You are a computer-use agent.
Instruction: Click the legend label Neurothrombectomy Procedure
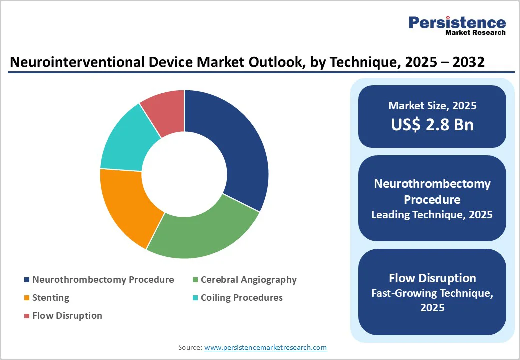tap(103, 280)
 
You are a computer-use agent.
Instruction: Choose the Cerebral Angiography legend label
tap(248, 280)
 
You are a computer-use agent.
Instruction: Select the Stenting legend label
tap(50, 298)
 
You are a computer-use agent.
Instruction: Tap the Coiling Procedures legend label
tap(241, 298)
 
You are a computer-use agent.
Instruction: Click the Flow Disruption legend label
tap(67, 316)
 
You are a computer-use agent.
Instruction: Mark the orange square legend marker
tap(26, 298)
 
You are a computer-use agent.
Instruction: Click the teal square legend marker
tap(195, 298)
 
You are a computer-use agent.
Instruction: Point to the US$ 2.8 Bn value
tap(432, 124)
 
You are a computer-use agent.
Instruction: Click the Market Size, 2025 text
tap(432, 105)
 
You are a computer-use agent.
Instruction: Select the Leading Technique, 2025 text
tap(432, 215)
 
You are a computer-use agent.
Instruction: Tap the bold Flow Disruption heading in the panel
tap(432, 278)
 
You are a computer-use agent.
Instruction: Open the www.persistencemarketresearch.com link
tap(265, 347)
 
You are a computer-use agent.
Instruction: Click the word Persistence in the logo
tap(457, 22)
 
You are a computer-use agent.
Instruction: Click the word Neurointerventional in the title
tap(82, 62)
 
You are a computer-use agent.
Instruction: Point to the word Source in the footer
tap(189, 347)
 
